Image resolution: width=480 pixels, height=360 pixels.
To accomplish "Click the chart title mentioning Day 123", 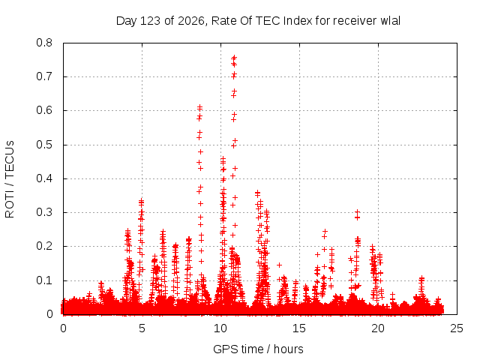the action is (x=258, y=21).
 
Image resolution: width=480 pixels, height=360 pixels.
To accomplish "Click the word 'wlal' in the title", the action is (x=390, y=21).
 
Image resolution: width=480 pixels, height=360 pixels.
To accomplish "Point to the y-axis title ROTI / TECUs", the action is (x=10, y=179).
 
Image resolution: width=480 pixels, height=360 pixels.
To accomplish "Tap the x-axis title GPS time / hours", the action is (x=258, y=349).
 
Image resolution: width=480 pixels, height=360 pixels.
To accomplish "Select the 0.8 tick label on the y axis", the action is (x=44, y=43).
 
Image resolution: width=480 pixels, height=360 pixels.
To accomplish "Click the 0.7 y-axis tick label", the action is (x=44, y=76).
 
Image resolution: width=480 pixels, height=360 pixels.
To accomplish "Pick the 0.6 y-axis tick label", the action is (x=44, y=110).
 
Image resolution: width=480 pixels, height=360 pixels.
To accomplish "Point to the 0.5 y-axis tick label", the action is (x=44, y=145).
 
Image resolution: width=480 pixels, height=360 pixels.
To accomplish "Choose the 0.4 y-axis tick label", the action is (x=44, y=178).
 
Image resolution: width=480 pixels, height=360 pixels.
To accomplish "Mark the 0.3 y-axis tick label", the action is (x=44, y=212).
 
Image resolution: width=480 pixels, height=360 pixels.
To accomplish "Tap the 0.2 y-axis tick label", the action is (x=44, y=247).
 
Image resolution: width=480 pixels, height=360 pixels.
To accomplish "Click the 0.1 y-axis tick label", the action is (x=44, y=280).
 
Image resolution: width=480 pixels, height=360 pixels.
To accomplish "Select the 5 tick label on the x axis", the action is (x=142, y=328).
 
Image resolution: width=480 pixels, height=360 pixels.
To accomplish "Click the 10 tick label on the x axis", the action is (x=220, y=328).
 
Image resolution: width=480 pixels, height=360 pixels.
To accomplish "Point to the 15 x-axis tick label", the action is (x=299, y=328).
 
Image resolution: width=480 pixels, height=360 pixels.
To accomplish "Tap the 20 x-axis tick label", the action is (x=378, y=328).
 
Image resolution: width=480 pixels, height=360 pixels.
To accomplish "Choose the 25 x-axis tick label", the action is (x=457, y=328).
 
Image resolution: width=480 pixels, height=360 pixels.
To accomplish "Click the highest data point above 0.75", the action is (x=234, y=57).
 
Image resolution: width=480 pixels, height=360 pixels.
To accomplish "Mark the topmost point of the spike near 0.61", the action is (x=200, y=107).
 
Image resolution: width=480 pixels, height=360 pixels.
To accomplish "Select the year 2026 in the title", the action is (x=191, y=21).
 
